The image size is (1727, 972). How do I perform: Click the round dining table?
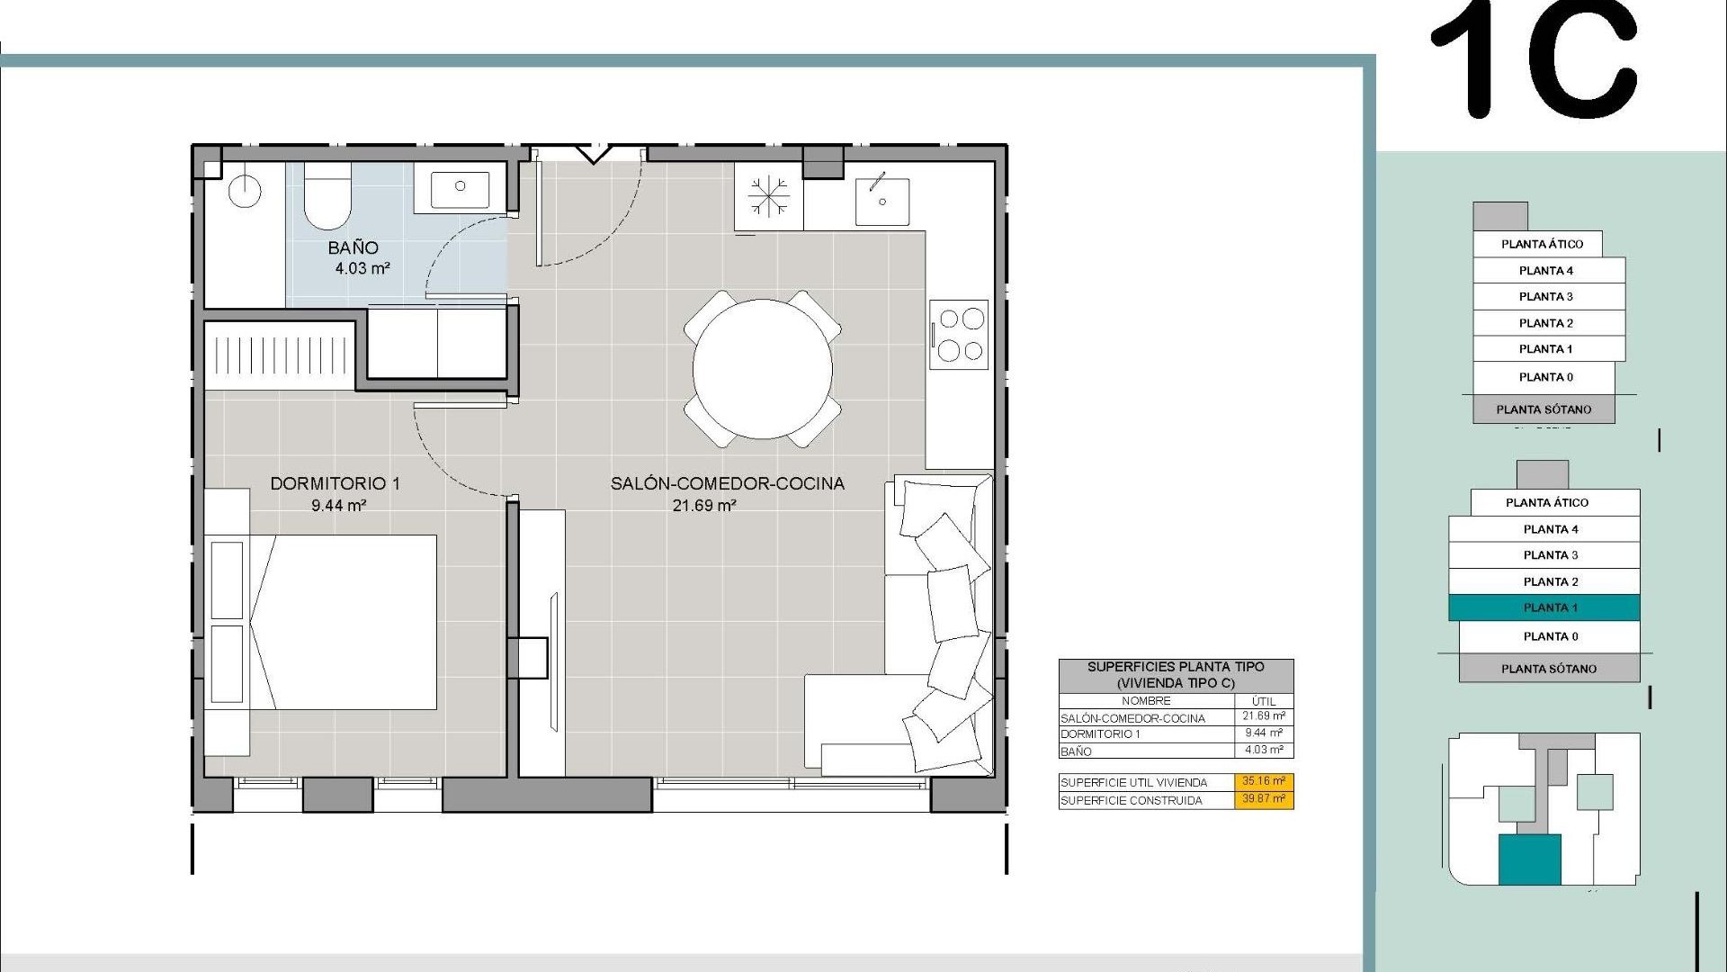[762, 369]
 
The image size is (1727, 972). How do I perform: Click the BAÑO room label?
[353, 247]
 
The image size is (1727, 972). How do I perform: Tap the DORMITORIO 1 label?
[335, 483]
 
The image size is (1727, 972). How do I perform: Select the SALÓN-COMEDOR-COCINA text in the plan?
[727, 483]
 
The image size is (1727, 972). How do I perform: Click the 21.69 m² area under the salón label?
[704, 506]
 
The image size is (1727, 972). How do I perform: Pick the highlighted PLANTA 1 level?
[1544, 607]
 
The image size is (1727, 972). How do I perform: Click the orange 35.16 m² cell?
[1263, 781]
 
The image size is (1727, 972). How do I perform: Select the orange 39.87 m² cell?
[1263, 799]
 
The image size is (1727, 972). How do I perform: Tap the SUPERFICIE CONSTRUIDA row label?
[1131, 800]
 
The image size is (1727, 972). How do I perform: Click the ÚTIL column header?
[1263, 700]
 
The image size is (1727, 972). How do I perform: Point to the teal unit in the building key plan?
[1529, 859]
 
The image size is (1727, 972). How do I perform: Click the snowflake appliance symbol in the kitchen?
[768, 197]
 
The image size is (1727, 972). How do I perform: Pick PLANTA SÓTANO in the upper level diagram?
[1544, 409]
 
